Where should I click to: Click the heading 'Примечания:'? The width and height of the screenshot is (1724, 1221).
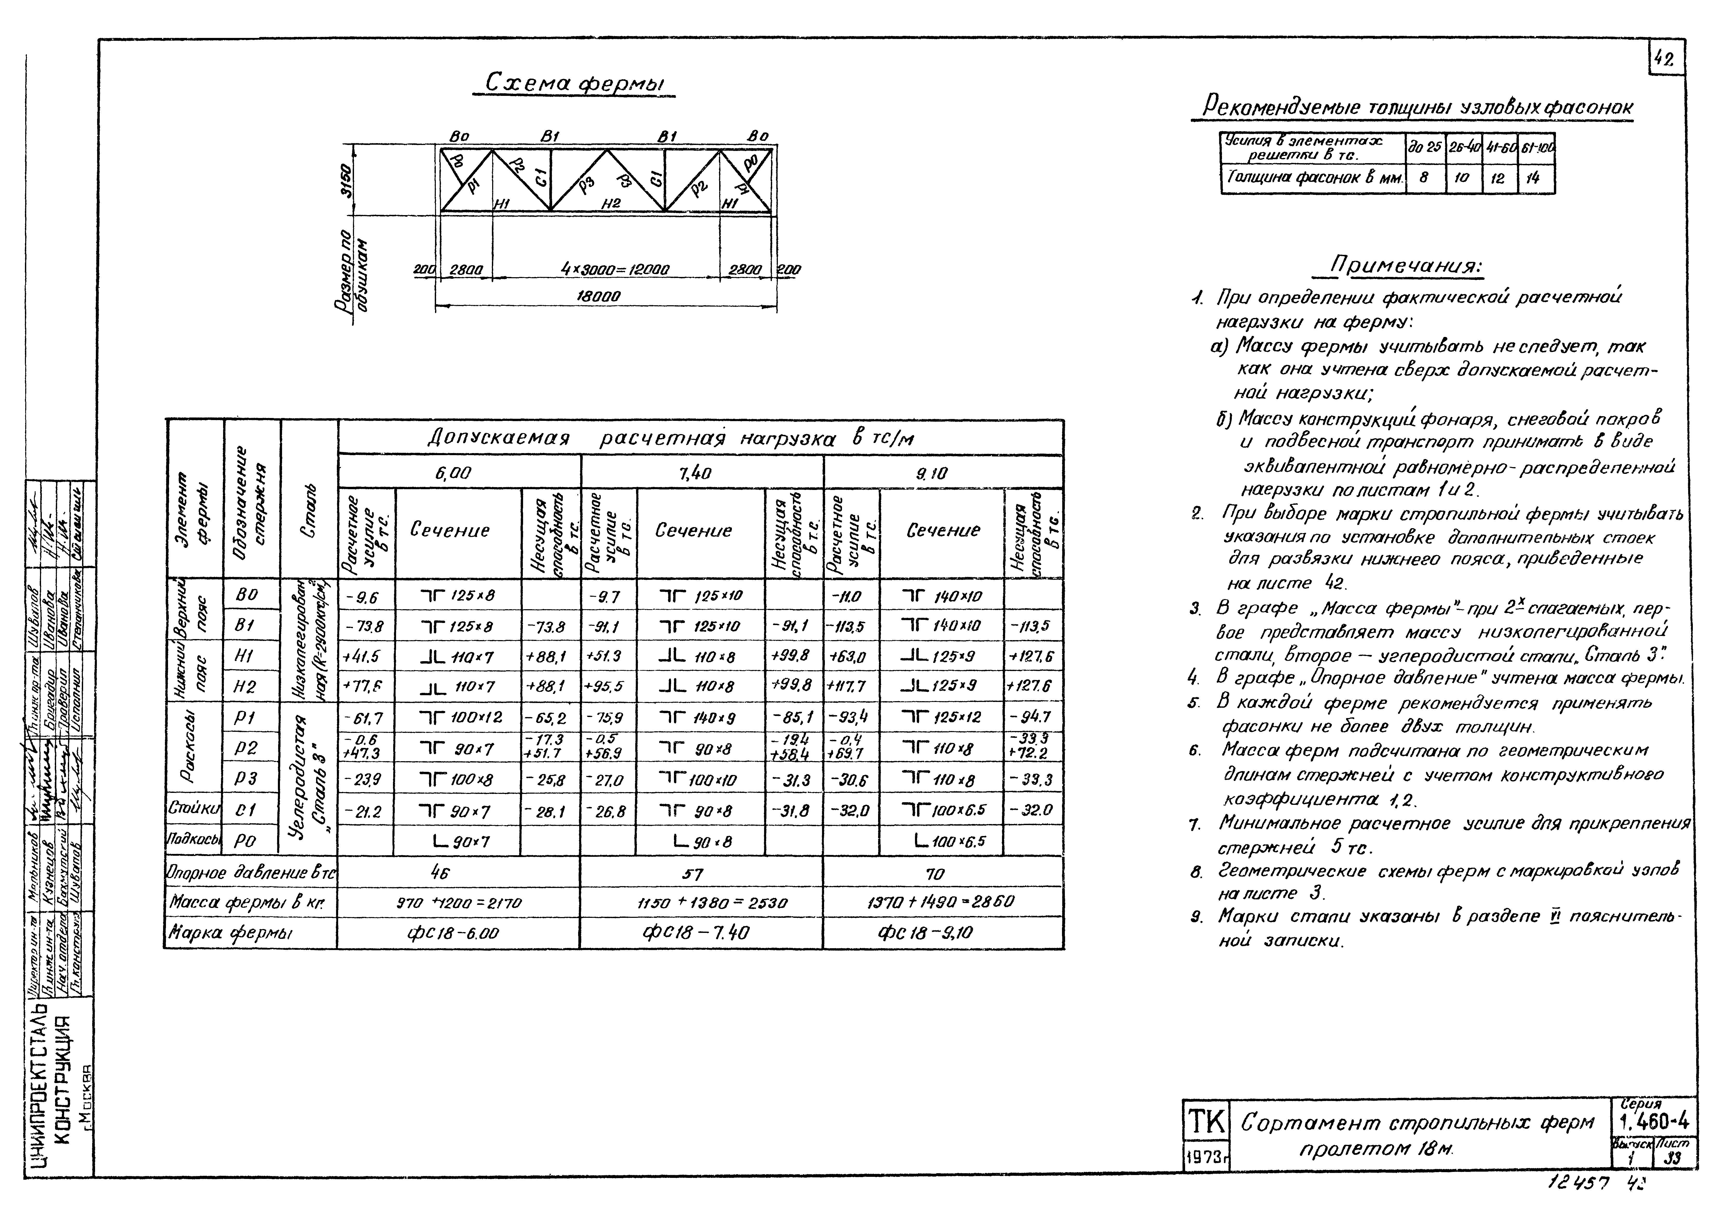click(x=1405, y=266)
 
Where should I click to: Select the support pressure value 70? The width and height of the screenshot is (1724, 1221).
click(x=935, y=873)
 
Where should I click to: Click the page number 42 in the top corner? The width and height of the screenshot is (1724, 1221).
click(x=1665, y=58)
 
